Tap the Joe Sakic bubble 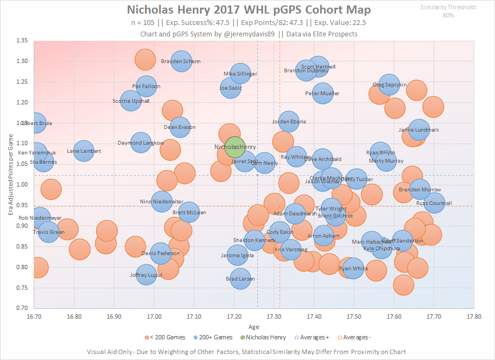[x=231, y=88]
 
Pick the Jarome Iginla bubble [x=237, y=255]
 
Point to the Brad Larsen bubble [x=240, y=279]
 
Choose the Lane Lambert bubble [x=84, y=151]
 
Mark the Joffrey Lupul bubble [x=146, y=275]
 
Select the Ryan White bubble [x=354, y=268]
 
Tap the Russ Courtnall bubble [x=434, y=203]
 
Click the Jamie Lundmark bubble [x=418, y=130]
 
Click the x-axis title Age [x=254, y=327]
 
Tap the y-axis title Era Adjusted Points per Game [x=10, y=174]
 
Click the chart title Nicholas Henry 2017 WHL [x=250, y=10]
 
